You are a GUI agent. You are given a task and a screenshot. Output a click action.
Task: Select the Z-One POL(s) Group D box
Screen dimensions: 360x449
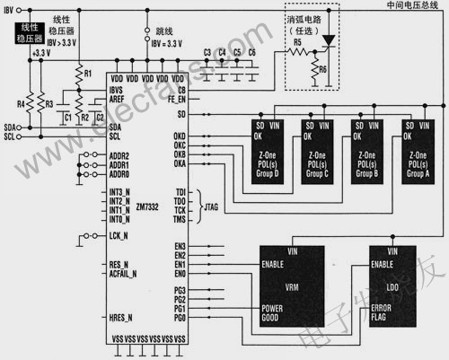point(266,143)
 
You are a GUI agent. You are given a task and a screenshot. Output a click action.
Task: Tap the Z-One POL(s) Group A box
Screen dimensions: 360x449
point(418,143)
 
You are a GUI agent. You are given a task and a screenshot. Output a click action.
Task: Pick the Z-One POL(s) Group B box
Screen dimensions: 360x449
point(367,143)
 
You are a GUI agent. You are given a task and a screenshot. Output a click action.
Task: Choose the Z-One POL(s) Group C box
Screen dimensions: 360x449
point(316,143)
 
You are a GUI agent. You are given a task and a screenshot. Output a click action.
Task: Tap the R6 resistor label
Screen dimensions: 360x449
point(322,71)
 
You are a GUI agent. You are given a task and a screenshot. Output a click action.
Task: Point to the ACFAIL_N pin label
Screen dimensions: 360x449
point(122,274)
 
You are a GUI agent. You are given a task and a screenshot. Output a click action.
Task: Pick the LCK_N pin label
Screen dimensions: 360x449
point(116,236)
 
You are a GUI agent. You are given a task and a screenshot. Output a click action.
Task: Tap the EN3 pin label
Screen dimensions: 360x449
point(179,246)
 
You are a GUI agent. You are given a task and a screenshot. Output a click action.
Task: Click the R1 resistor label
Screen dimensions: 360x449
point(87,71)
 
